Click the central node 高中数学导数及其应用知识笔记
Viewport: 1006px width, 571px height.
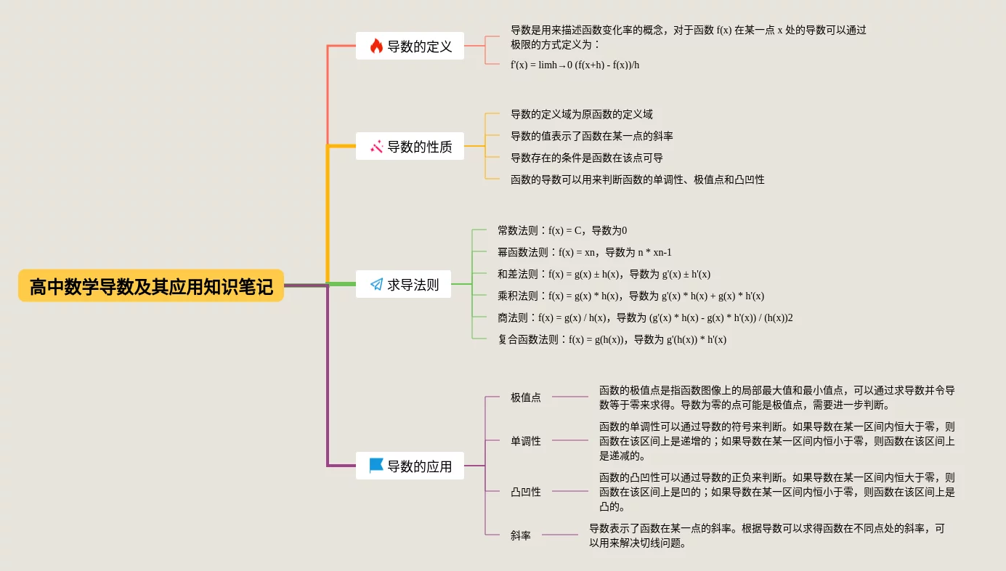151,286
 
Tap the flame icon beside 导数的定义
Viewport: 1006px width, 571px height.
376,46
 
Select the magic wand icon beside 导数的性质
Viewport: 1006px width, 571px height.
376,147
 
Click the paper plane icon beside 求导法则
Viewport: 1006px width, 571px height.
376,285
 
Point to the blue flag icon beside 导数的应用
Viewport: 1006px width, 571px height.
376,466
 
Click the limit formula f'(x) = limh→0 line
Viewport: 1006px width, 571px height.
575,65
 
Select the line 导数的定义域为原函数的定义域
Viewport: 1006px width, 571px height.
581,114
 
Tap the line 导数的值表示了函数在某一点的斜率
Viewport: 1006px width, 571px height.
591,136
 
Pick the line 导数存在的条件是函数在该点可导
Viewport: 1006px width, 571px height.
586,158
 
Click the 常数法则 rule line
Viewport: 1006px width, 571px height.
561,230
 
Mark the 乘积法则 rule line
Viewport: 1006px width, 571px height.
630,296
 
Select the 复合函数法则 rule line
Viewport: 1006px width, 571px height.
612,339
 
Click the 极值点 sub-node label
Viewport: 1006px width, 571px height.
525,397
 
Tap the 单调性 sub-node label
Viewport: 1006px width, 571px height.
525,441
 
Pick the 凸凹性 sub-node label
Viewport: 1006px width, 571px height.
525,492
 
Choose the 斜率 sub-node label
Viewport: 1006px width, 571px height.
520,535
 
